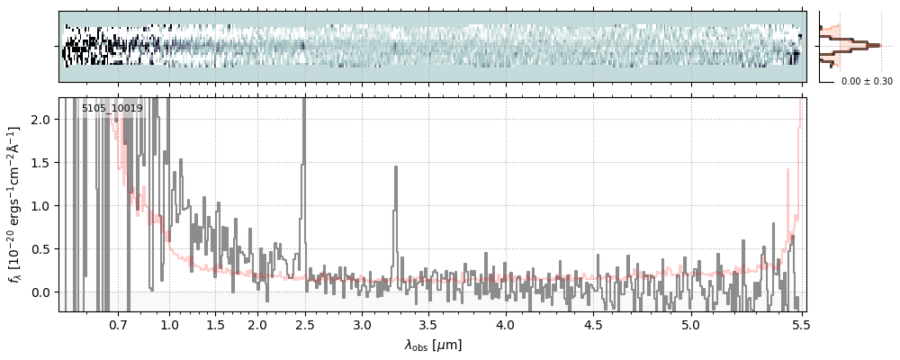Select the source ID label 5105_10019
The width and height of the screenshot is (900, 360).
pyautogui.click(x=112, y=109)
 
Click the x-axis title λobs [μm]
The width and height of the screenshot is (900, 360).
pyautogui.click(x=432, y=345)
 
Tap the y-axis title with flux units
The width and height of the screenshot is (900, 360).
pyautogui.click(x=15, y=205)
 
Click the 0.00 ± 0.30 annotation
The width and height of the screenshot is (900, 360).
pyautogui.click(x=867, y=81)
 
